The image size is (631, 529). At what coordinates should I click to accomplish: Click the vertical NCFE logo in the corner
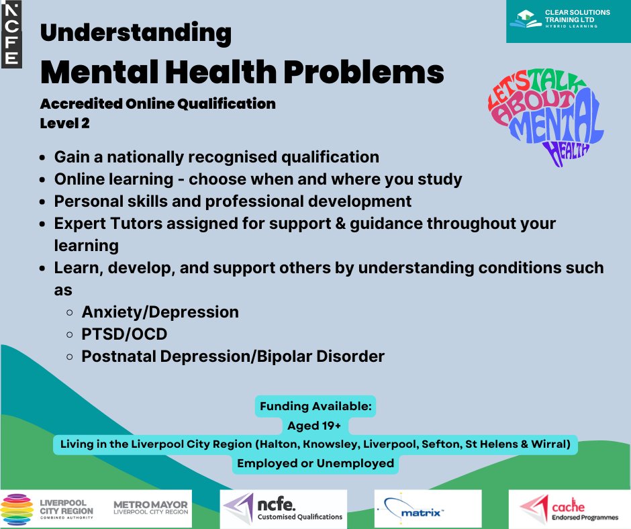(x=11, y=34)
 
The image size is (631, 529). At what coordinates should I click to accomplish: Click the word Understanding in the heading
(x=136, y=32)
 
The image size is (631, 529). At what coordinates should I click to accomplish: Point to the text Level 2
(x=64, y=124)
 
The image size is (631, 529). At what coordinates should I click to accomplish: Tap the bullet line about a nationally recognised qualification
(x=216, y=157)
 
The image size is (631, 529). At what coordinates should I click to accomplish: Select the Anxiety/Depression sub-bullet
(x=160, y=312)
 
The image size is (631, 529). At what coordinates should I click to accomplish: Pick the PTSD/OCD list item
(x=124, y=334)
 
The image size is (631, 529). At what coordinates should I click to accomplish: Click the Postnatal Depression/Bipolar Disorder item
(x=233, y=356)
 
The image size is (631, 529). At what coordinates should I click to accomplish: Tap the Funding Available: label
(x=315, y=407)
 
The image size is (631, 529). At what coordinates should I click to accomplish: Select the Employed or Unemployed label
(x=315, y=463)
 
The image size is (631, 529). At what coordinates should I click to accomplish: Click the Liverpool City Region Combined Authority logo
(x=48, y=509)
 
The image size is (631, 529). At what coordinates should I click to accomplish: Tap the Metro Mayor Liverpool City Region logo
(x=150, y=509)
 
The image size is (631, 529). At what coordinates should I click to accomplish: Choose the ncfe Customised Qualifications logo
(x=283, y=509)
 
